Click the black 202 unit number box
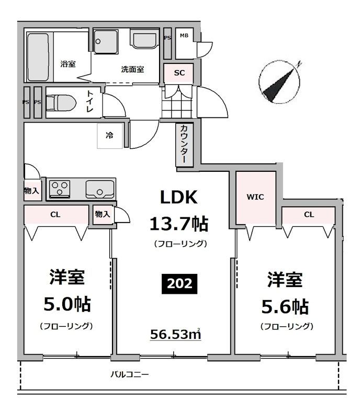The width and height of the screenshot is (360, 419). (x=179, y=284)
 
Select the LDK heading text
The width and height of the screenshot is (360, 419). (x=178, y=197)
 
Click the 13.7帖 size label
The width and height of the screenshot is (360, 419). (x=179, y=224)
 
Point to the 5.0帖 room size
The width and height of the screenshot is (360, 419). (x=66, y=304)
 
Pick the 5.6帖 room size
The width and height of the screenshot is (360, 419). (x=285, y=305)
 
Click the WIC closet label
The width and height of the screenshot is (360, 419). (x=255, y=197)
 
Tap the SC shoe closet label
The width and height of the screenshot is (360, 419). (x=179, y=73)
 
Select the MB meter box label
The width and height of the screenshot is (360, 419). (x=184, y=36)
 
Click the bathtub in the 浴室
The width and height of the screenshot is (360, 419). (x=37, y=57)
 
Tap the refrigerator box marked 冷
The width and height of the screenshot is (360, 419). (x=110, y=136)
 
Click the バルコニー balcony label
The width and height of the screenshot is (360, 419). (x=129, y=374)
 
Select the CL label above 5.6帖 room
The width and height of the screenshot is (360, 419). (x=309, y=214)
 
